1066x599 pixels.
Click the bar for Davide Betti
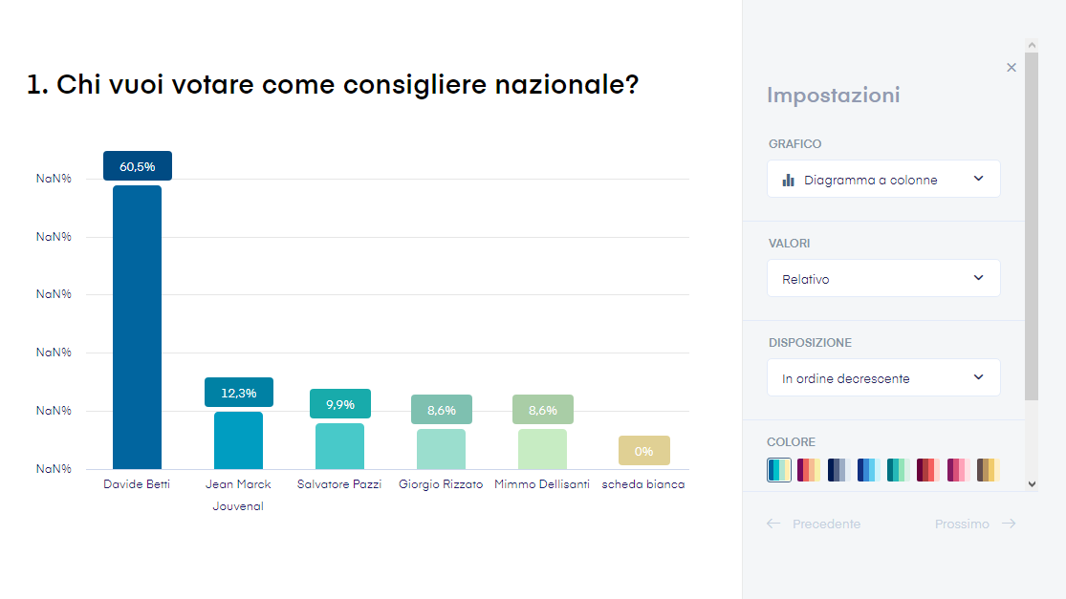tap(137, 327)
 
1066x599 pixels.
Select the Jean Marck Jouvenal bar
tap(238, 440)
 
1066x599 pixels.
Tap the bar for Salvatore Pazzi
tap(339, 446)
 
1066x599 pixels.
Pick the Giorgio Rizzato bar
tap(441, 449)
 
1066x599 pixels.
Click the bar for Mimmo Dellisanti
tap(542, 449)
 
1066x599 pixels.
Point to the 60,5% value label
tap(138, 165)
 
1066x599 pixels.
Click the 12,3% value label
tap(239, 393)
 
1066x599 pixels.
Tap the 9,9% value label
tap(340, 404)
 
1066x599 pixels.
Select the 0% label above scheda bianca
tap(643, 451)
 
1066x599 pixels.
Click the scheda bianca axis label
tap(643, 484)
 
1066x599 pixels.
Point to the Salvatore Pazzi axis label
tap(339, 484)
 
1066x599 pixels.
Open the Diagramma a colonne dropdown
tap(883, 180)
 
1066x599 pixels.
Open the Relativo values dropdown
tap(883, 278)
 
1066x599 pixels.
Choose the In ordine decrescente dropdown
tap(883, 377)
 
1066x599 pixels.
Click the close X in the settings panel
tap(1012, 67)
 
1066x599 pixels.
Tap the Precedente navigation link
tap(814, 524)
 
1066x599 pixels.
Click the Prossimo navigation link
tap(975, 524)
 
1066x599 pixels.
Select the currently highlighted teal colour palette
tap(779, 470)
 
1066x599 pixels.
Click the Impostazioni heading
tap(834, 96)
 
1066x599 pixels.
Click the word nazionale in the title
tap(567, 85)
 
